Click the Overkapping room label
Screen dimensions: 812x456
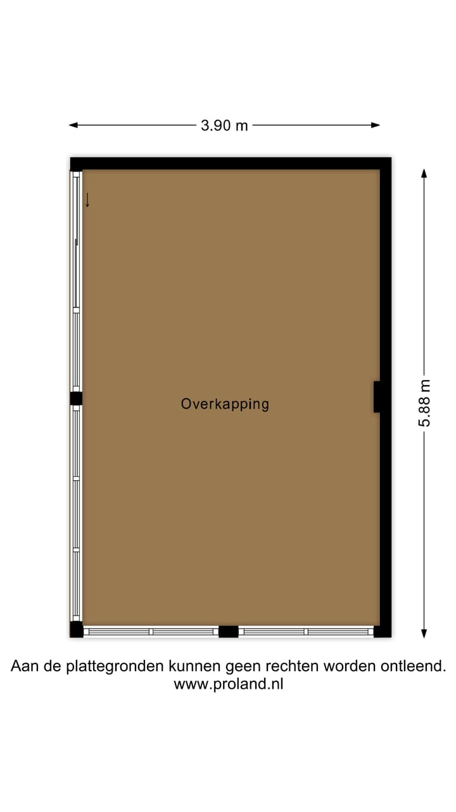click(225, 403)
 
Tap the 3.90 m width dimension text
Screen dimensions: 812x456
click(224, 126)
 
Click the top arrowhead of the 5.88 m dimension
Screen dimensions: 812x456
click(424, 173)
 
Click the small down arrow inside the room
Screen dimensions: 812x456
click(87, 200)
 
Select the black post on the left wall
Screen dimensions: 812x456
click(76, 398)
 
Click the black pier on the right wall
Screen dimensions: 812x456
click(377, 396)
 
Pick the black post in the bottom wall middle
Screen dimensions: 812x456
click(228, 631)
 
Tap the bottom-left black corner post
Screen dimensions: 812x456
click(76, 630)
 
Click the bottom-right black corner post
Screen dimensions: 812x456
click(383, 631)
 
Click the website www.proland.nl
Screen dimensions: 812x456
click(228, 684)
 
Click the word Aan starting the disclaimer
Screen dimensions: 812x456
click(22, 667)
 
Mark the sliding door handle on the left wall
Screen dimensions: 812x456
click(77, 242)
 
